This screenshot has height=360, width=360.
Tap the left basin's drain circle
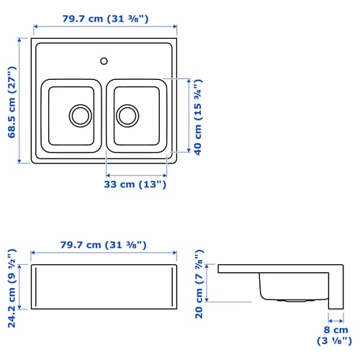pyautogui.click(x=79, y=114)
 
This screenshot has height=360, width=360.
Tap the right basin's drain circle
pyautogui.click(x=127, y=114)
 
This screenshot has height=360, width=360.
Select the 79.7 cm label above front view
pyautogui.click(x=105, y=245)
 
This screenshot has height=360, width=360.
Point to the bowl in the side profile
pyautogui.click(x=288, y=287)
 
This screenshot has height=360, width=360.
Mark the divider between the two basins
pyautogui.click(x=104, y=115)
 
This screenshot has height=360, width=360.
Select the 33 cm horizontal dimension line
pyautogui.click(x=137, y=175)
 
